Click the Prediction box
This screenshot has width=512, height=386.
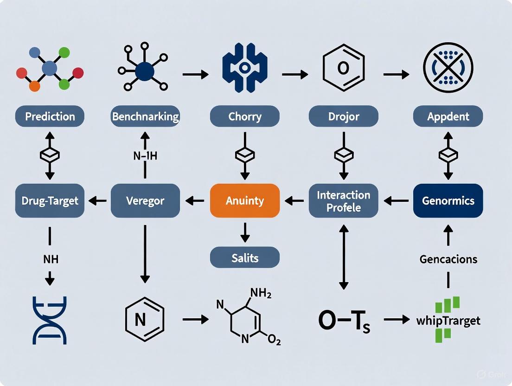coord(50,116)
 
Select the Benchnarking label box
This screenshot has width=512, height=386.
coord(145,116)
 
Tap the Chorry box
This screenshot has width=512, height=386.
coord(244,116)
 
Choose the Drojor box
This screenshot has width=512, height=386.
coord(343,116)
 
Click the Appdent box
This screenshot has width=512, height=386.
coord(448,116)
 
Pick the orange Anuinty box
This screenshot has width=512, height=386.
coord(244,201)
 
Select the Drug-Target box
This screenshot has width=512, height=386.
coord(50,201)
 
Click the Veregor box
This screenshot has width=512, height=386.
coord(145,201)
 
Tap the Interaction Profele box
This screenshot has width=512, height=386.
coord(343,201)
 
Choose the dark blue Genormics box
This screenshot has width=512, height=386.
coord(448,201)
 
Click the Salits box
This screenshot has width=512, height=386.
coord(244,257)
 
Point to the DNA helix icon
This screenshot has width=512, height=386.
coord(50,320)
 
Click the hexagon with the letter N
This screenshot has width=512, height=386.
coord(145,320)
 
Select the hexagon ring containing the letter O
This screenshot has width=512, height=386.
coord(343,68)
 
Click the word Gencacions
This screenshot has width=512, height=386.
coord(448,259)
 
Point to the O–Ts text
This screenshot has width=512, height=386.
coord(344,321)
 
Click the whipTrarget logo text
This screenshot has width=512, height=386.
coord(448,321)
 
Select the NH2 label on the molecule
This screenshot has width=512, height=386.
coord(260,293)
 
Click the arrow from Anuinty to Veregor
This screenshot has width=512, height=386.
coord(195,201)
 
